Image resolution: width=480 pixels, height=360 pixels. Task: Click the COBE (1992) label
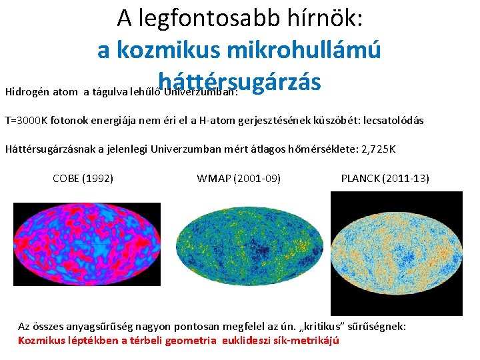tap(83, 178)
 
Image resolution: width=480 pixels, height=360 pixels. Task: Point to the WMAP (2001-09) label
tap(239, 178)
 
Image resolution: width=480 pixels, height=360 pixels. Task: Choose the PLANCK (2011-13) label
tap(385, 178)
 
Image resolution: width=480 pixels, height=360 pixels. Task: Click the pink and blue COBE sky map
tap(87, 243)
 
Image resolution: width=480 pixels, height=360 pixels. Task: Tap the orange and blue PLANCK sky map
tap(397, 253)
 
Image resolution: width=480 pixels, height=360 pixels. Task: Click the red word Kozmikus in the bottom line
tap(39, 341)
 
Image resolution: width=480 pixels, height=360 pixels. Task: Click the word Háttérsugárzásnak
tap(50, 149)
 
